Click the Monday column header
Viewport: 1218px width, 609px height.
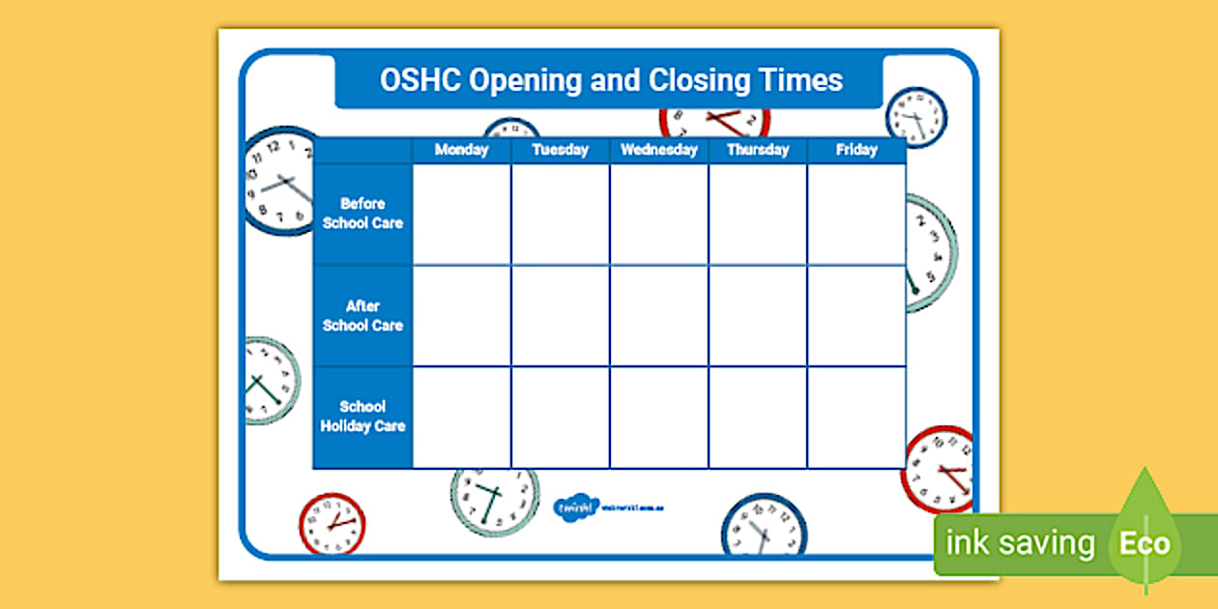pos(461,150)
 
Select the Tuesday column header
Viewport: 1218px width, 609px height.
pos(560,150)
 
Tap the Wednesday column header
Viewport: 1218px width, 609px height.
pos(658,150)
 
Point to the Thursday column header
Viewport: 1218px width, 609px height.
pos(758,150)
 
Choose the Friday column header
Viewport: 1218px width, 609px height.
pos(856,150)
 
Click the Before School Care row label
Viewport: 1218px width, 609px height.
pos(362,214)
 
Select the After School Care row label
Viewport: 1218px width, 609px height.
pos(362,316)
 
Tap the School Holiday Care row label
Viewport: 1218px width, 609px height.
pos(362,417)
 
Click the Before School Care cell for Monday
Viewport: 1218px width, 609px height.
pos(462,214)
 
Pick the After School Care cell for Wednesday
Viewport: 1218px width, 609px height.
pos(659,316)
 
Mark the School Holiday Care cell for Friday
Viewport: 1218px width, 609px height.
pos(856,418)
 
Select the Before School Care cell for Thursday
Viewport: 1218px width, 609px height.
pos(758,214)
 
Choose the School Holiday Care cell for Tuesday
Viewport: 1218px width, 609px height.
pos(561,418)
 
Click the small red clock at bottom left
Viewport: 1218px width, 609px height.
pos(332,524)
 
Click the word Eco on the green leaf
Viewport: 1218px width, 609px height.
pos(1145,543)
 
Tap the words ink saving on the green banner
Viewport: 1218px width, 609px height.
pos(1020,544)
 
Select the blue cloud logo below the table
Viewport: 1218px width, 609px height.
pos(575,507)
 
